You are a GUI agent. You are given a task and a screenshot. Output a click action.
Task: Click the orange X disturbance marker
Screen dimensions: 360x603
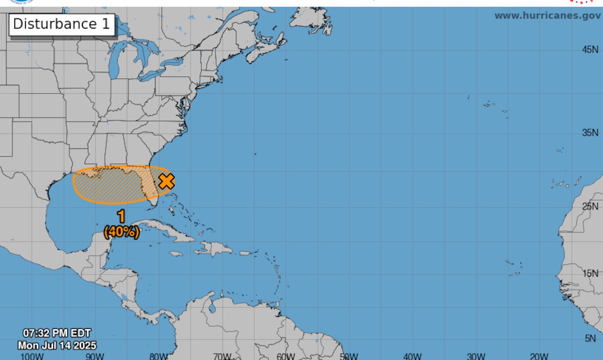(x=166, y=181)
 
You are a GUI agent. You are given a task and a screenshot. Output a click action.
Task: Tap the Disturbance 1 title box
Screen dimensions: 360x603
(x=61, y=24)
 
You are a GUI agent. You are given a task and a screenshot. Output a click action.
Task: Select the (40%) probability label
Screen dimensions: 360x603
(x=121, y=232)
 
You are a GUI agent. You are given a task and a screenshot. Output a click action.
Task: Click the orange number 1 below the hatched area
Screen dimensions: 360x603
(x=121, y=217)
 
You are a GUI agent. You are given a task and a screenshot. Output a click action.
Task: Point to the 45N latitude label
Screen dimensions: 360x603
(x=590, y=49)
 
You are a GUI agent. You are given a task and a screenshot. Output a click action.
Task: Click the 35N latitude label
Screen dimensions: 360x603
(x=590, y=133)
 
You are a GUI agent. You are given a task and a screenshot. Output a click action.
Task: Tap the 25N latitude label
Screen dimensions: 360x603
(x=590, y=206)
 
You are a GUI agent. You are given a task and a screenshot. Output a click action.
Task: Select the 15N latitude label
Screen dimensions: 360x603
(x=590, y=273)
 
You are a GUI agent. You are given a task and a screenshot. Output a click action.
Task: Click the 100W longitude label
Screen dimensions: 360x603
(x=32, y=356)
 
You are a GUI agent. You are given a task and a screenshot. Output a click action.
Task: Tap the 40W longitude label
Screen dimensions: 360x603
(x=412, y=356)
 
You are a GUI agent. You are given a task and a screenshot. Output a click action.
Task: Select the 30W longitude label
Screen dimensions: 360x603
(x=475, y=356)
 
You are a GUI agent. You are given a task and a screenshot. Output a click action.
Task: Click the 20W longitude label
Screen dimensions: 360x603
(x=539, y=356)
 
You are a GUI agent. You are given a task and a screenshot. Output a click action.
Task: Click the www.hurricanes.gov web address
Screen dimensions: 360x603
(x=547, y=16)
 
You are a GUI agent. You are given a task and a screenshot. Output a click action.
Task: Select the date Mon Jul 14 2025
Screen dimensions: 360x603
(x=57, y=345)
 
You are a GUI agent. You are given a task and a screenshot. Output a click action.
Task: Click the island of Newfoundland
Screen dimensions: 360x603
(x=312, y=19)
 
